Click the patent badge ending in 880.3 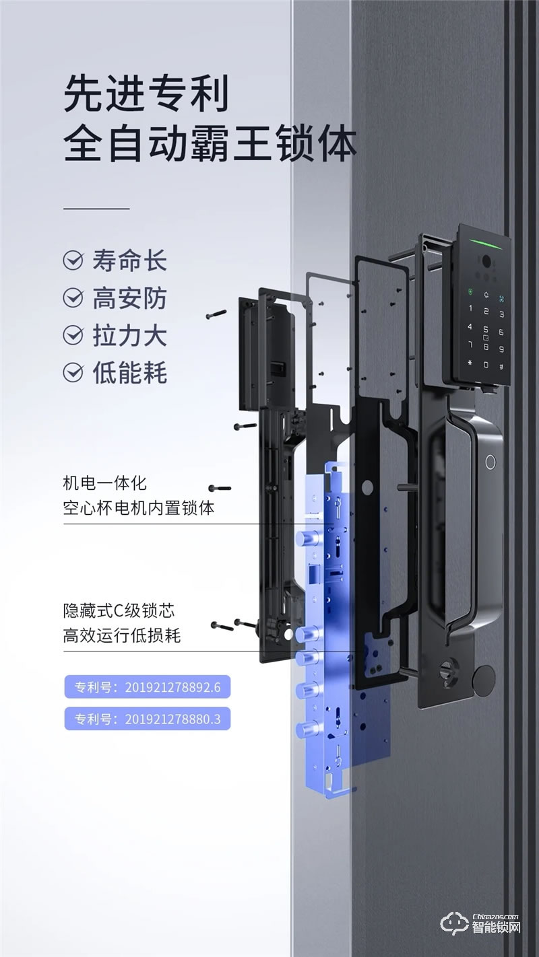point(148,718)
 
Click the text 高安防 point(128,297)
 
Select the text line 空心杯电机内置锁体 point(138,507)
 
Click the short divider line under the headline point(96,209)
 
